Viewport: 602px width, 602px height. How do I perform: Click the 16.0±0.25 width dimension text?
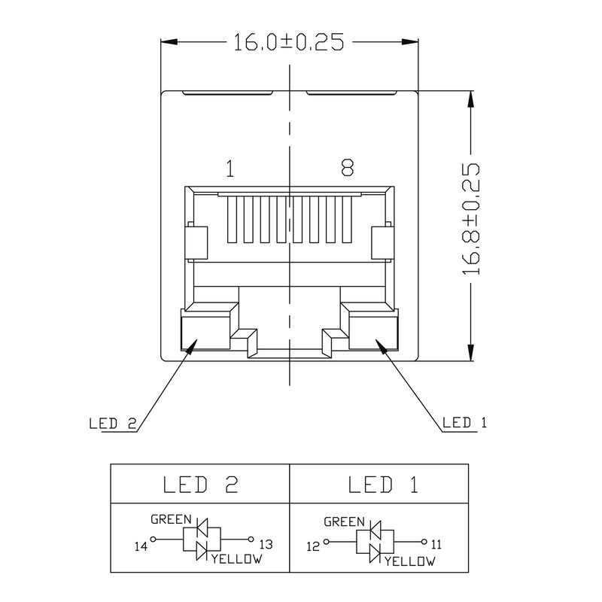(288, 43)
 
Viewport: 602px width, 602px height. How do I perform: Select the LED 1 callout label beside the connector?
(464, 423)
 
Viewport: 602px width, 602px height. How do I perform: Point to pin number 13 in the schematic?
(266, 544)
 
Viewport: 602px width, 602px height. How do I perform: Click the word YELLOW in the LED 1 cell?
(410, 562)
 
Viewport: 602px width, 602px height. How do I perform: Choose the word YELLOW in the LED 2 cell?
(237, 559)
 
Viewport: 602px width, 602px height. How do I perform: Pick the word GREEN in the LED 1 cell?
(344, 521)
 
